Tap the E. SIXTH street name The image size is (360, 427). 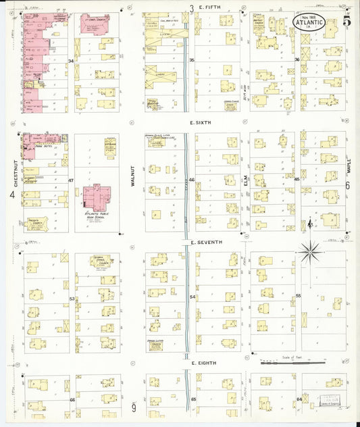coord(203,123)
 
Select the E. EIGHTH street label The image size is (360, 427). coord(203,363)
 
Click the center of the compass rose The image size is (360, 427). coord(310,252)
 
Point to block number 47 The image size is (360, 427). coord(70,181)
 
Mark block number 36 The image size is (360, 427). coord(297,60)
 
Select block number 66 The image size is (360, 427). coord(72,400)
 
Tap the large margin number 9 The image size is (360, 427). coord(134,407)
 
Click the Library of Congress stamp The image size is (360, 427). coord(331,401)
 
